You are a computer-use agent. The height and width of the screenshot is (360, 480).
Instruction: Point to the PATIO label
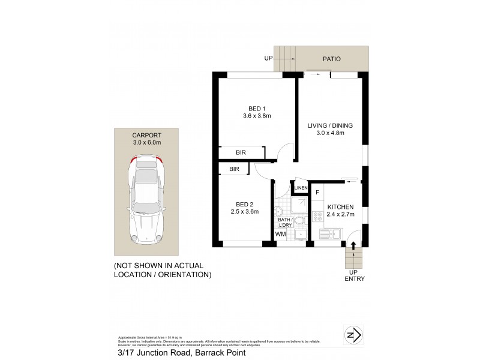coord(331,59)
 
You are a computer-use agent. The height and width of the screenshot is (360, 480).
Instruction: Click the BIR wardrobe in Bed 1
coord(241,153)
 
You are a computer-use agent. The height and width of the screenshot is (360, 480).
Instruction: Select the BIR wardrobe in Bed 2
coord(234,170)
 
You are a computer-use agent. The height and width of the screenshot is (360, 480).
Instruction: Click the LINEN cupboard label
coord(301,188)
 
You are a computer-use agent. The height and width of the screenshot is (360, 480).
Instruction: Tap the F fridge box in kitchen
coord(317,193)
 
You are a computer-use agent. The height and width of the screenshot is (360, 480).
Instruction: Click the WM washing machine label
coord(280,234)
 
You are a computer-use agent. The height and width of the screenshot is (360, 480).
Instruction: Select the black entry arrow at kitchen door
coord(353,244)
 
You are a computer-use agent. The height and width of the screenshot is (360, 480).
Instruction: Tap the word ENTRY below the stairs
coord(355,279)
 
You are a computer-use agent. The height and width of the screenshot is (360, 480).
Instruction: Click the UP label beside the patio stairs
coord(268,59)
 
